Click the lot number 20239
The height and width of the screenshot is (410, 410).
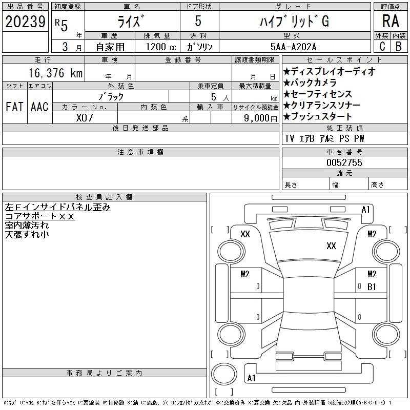[x=25, y=22]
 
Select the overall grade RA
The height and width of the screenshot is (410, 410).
[x=391, y=21]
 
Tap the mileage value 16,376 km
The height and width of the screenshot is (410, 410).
[x=55, y=73]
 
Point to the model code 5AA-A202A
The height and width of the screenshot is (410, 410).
[x=293, y=47]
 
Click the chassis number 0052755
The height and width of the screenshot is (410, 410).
[x=344, y=162]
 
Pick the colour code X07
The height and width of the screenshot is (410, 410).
[x=85, y=118]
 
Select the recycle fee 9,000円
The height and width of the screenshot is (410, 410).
[x=260, y=118]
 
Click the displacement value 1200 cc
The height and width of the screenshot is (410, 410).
[x=161, y=47]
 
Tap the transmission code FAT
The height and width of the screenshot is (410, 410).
[x=14, y=107]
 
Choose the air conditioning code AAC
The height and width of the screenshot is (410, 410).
[x=39, y=107]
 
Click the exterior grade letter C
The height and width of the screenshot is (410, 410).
[x=382, y=46]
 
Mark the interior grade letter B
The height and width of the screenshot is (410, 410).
[x=399, y=46]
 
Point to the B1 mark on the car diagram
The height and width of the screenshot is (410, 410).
[x=372, y=287]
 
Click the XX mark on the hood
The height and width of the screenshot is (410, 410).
[x=331, y=246]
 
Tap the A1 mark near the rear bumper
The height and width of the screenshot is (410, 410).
[x=251, y=378]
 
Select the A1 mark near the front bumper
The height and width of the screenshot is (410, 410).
[x=365, y=210]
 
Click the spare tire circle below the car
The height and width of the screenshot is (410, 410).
[x=224, y=374]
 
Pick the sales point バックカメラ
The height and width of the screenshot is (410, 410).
[x=310, y=83]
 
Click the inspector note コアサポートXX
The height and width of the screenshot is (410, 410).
[x=40, y=216]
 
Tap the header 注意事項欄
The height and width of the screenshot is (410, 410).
[x=140, y=152]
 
